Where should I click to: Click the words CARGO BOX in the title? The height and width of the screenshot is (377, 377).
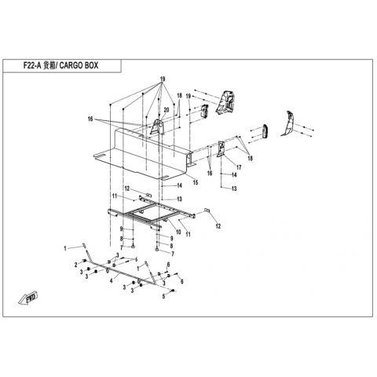click(79, 65)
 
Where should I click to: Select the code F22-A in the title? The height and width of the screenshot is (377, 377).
click(32, 65)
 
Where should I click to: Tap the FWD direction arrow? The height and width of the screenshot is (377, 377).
click(28, 298)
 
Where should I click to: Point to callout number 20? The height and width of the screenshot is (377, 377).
click(167, 110)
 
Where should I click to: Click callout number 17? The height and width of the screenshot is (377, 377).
click(239, 167)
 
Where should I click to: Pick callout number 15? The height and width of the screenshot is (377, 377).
click(196, 182)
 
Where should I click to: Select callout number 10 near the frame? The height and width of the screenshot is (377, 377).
click(178, 232)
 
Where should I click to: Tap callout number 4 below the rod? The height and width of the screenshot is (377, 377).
click(112, 281)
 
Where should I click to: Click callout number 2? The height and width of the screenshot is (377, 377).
click(76, 265)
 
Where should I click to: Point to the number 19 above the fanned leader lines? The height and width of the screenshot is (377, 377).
click(163, 79)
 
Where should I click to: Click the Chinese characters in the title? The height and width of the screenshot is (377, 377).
click(49, 65)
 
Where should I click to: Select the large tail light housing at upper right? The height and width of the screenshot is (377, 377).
click(225, 102)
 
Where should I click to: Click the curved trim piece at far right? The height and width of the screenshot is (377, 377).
click(288, 123)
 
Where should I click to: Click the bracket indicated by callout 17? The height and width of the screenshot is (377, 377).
click(221, 148)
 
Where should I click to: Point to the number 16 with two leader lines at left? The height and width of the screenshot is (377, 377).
click(90, 119)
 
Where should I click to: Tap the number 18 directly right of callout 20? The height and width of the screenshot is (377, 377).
click(179, 96)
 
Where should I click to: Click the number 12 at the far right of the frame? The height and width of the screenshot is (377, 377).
click(218, 226)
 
